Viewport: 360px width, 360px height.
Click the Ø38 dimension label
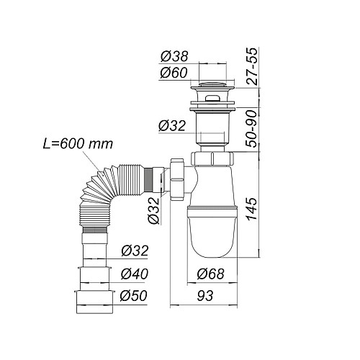click(x=174, y=57)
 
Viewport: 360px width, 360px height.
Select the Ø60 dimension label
click(x=174, y=73)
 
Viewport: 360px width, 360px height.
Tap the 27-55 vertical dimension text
click(x=252, y=66)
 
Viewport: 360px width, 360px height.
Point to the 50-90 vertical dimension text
click(x=251, y=129)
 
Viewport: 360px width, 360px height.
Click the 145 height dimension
click(x=251, y=209)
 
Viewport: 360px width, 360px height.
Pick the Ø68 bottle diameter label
click(x=210, y=274)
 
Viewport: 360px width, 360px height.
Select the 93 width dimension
click(x=205, y=296)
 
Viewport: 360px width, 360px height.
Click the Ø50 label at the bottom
click(x=133, y=296)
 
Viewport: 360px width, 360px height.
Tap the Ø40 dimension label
click(x=135, y=274)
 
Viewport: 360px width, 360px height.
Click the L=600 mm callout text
click(x=78, y=144)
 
